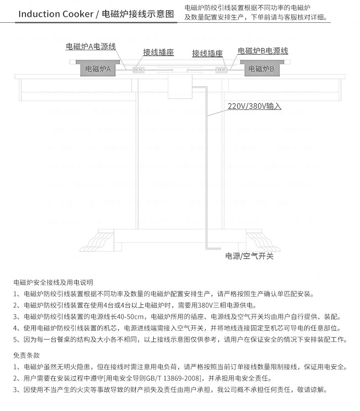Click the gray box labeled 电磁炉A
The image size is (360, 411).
click(x=98, y=69)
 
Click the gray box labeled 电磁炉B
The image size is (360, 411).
click(x=261, y=69)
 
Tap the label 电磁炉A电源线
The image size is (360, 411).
click(x=91, y=47)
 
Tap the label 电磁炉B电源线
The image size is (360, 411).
click(x=263, y=51)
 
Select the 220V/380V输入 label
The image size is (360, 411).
click(x=254, y=107)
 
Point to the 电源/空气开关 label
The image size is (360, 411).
click(x=249, y=256)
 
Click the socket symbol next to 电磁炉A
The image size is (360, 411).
click(x=138, y=70)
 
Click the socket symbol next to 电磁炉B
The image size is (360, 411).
click(x=221, y=70)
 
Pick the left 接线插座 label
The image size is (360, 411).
click(x=159, y=52)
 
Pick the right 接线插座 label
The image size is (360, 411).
click(x=207, y=53)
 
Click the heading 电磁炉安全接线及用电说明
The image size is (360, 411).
click(x=53, y=282)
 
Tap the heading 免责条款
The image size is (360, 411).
click(x=26, y=355)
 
